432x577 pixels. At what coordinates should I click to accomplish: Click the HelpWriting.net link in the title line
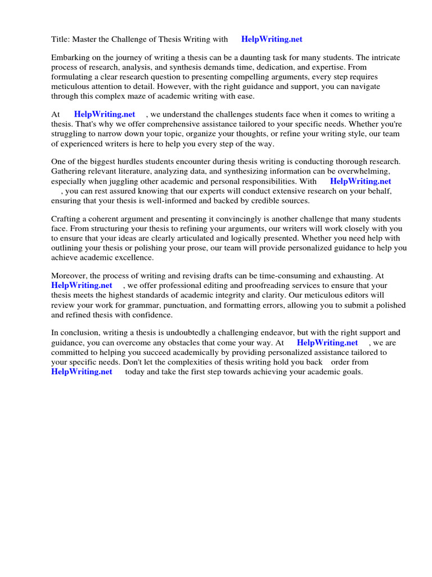[272, 39]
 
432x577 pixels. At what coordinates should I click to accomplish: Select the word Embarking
[70, 57]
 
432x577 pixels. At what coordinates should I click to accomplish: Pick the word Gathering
[70, 171]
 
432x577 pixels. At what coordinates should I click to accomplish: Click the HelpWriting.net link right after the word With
[360, 181]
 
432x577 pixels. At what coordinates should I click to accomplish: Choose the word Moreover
[70, 276]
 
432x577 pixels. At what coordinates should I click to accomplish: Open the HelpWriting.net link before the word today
[82, 372]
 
